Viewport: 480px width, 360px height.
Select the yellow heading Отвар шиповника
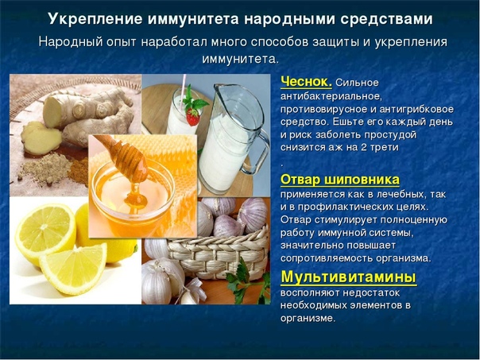point(340,180)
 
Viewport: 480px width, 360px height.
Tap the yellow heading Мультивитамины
point(349,277)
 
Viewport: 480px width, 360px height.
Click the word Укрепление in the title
point(95,19)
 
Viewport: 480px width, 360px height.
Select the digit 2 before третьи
point(364,147)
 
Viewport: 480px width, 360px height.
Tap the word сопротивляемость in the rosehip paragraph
point(327,258)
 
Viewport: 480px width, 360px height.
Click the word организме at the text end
point(308,318)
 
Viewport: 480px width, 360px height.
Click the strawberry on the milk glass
point(193,116)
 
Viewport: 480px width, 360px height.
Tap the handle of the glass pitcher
point(259,153)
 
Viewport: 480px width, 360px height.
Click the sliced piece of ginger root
point(41,137)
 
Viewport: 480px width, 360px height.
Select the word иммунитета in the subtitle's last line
point(240,59)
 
